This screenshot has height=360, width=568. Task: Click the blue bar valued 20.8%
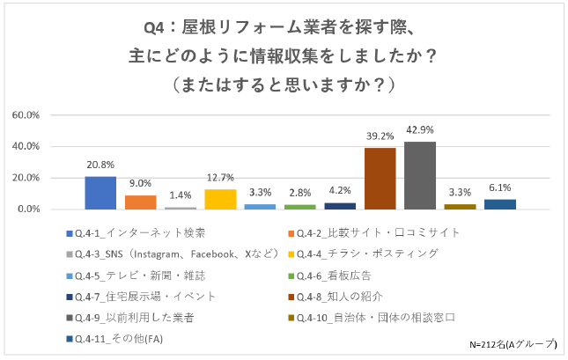[x=100, y=193]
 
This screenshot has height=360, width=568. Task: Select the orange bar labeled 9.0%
[x=140, y=202]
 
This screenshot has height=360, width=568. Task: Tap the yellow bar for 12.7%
[x=220, y=199]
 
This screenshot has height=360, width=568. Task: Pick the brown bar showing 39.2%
[x=380, y=179]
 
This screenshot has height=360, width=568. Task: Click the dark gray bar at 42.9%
[x=420, y=175]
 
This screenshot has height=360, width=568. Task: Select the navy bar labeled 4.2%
[x=340, y=206]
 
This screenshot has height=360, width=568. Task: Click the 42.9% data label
[x=420, y=130]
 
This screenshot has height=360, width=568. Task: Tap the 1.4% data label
[x=181, y=195]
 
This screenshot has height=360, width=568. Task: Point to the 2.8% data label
[x=300, y=193]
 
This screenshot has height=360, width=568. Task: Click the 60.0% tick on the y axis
[x=26, y=115]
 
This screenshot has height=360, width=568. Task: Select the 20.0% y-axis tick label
[x=26, y=178]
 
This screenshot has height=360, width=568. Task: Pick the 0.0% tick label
[x=28, y=209]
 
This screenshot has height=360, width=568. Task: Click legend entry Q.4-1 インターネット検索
[x=141, y=233]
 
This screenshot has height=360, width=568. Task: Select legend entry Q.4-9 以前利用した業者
[x=141, y=317]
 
